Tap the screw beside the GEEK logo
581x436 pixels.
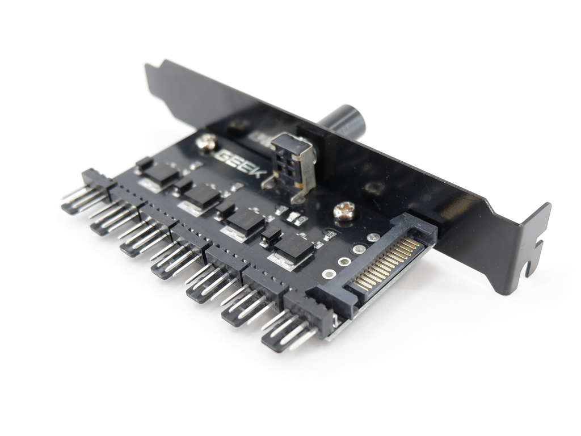point(206,141)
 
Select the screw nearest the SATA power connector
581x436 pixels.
point(344,212)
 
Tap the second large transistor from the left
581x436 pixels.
point(202,196)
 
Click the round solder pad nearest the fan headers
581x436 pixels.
point(329,273)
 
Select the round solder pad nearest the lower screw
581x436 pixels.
point(372,237)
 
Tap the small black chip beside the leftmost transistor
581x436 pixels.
point(144,163)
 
